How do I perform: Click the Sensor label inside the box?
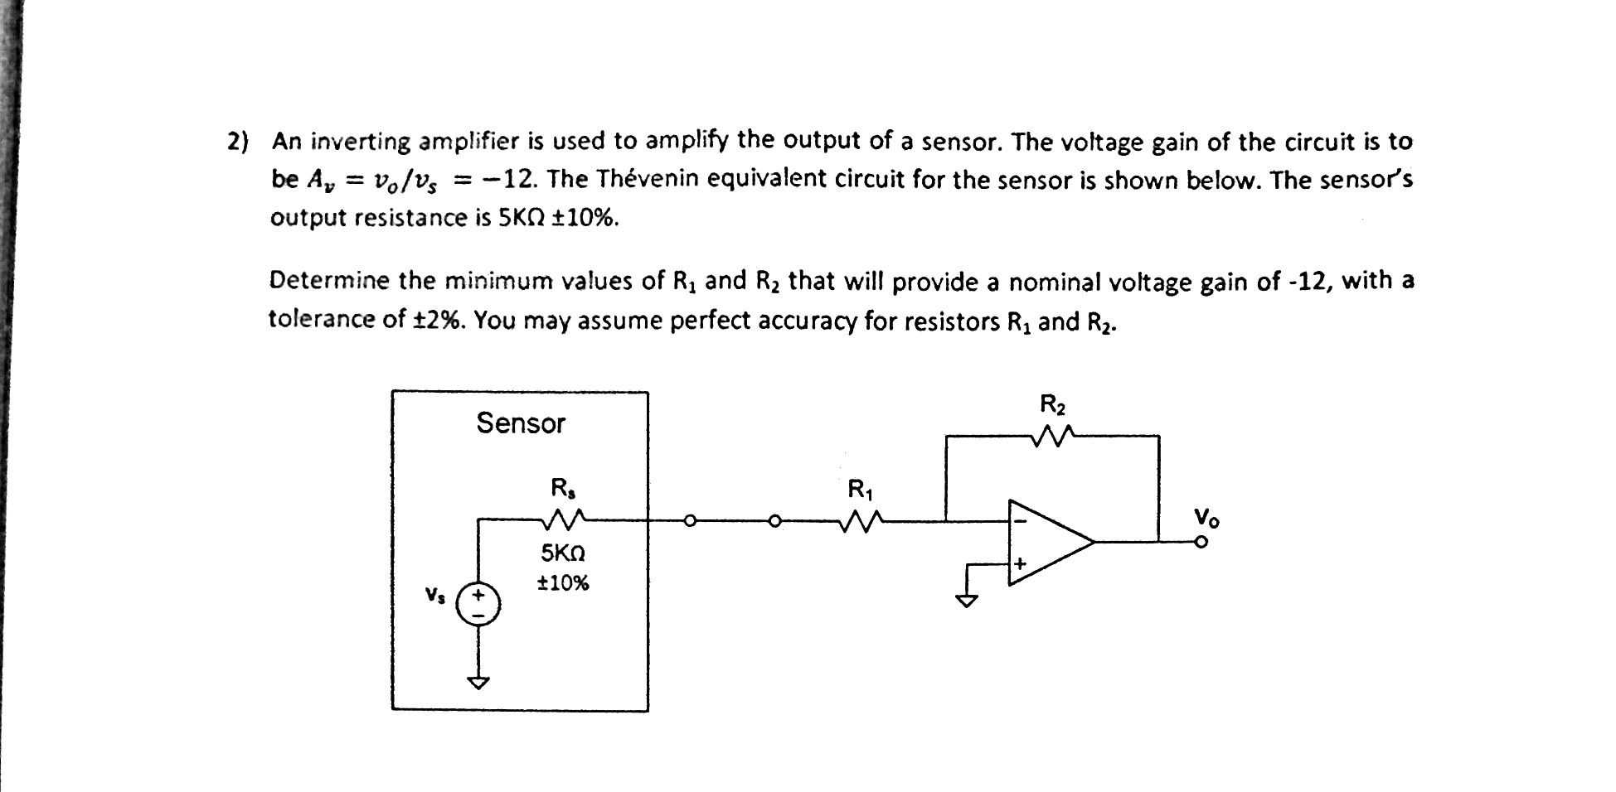point(521,423)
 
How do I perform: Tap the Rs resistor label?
point(562,487)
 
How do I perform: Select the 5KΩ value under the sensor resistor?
point(563,552)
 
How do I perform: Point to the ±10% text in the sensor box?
point(563,583)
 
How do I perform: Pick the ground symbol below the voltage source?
point(478,682)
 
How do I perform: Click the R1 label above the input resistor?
point(860,490)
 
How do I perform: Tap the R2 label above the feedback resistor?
point(1053,405)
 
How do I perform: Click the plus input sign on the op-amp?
point(1020,563)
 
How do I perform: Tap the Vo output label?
point(1206,519)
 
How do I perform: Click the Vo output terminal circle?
point(1201,542)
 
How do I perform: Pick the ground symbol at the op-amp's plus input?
point(967,600)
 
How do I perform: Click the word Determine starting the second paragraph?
point(329,282)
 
